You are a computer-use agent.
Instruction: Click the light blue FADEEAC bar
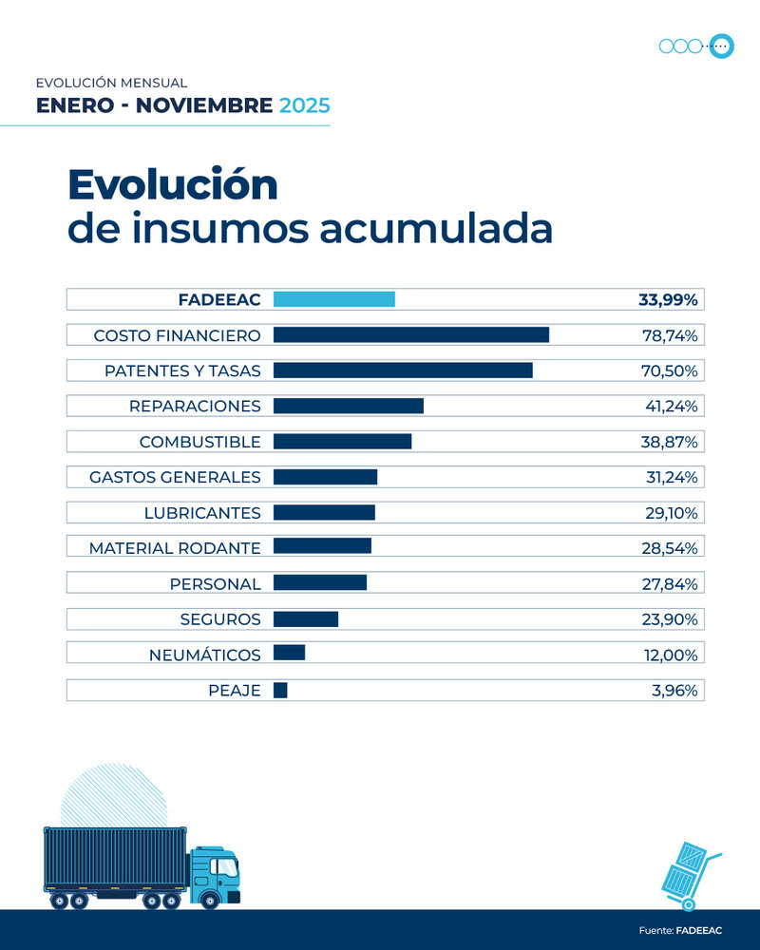[333, 299]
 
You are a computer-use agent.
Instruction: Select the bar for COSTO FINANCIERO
[410, 335]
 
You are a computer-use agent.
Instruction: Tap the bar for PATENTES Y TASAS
[403, 370]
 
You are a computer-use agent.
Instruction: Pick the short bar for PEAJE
[280, 691]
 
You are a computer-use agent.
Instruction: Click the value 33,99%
[668, 300]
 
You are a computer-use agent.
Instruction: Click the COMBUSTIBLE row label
[199, 442]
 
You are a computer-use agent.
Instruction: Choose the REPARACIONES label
[195, 407]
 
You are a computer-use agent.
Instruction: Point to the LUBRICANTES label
[202, 513]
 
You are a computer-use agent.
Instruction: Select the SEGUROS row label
[220, 619]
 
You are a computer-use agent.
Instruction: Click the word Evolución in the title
[172, 184]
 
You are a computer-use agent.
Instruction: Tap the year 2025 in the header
[304, 104]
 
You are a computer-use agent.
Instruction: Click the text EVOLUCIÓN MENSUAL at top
[111, 84]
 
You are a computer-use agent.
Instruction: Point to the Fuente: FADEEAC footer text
[679, 930]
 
